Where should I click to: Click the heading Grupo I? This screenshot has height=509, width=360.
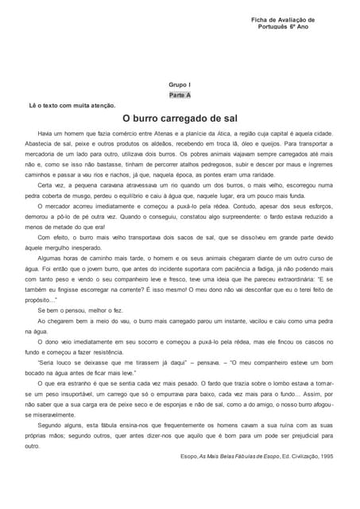[180, 84]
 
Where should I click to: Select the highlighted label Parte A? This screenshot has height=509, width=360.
[180, 95]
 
